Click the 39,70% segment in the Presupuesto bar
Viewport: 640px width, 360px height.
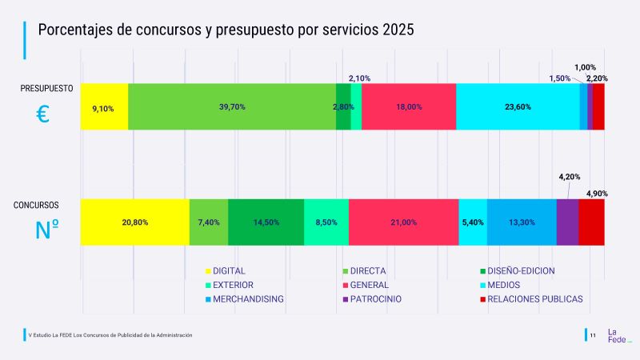point(232,106)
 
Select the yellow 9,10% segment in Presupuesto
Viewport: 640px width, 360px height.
point(104,106)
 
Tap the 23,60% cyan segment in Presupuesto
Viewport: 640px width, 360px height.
point(518,106)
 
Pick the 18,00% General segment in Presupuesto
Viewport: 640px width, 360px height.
point(409,106)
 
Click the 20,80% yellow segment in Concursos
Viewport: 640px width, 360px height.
point(134,222)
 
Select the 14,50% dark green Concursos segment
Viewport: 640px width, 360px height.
point(266,222)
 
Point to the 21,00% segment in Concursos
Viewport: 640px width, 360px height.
point(403,222)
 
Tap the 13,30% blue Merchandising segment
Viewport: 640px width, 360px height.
point(522,222)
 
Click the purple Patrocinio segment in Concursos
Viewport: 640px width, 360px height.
point(567,222)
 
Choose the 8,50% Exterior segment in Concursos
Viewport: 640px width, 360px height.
point(326,222)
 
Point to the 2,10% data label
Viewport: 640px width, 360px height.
point(359,78)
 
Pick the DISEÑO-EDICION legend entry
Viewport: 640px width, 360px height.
point(520,270)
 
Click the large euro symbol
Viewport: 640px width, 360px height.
point(43,114)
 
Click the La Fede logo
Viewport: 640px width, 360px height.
point(618,335)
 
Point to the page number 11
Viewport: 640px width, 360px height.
point(593,335)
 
